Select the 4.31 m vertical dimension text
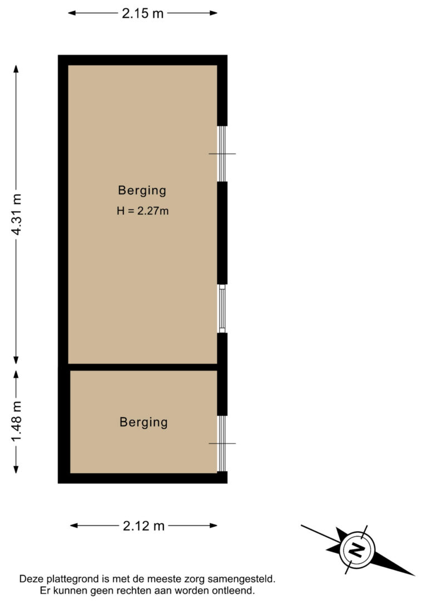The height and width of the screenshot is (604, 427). point(17,214)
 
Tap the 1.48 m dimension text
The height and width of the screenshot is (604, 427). point(17,422)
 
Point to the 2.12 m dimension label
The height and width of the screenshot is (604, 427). point(143,526)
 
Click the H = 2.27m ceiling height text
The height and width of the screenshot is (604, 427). point(142,211)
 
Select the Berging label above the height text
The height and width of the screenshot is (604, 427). point(142,190)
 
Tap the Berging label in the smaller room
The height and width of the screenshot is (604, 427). point(143,422)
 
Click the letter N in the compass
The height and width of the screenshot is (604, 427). point(355,549)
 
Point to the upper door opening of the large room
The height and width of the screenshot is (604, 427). point(222,154)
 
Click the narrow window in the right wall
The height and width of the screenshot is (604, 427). point(222,309)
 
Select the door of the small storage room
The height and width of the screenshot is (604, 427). point(222,443)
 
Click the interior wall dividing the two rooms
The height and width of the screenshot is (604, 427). point(142,367)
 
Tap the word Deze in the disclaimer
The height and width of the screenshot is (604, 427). point(32,579)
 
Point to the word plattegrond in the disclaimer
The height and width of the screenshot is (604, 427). point(73,579)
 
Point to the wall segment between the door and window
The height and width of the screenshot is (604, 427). point(222,232)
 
